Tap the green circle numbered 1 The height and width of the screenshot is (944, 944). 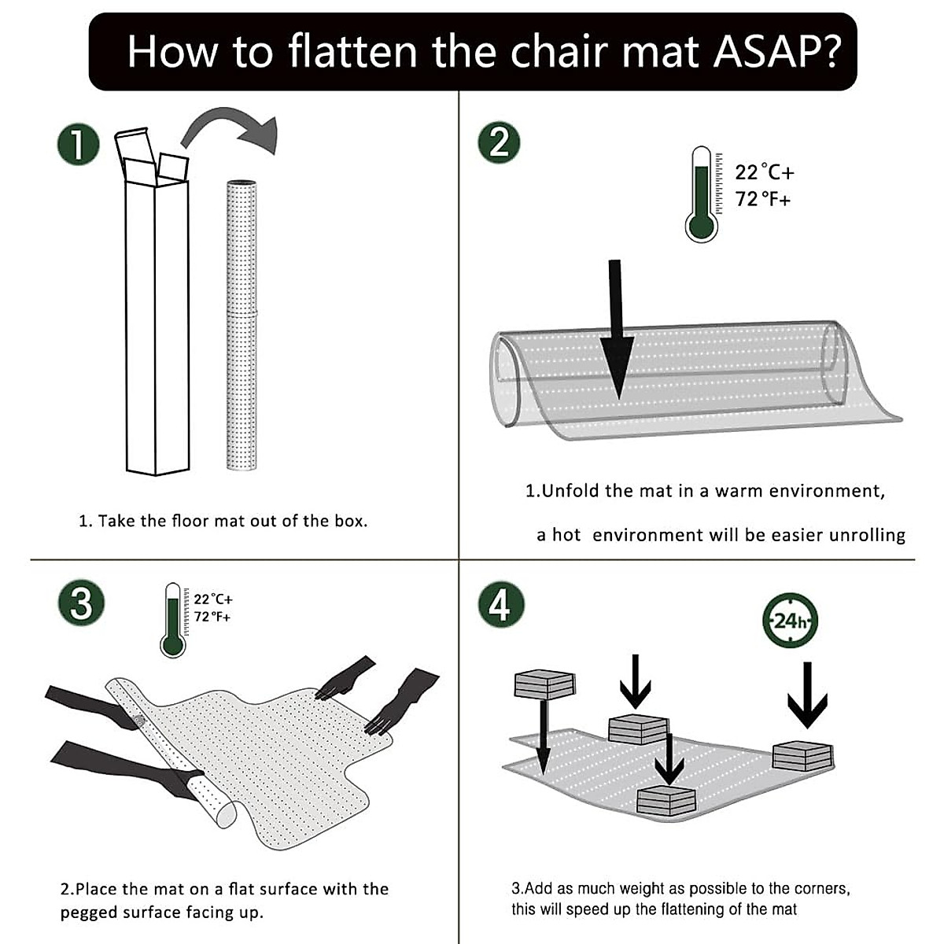click(x=78, y=144)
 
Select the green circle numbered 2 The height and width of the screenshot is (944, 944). click(x=499, y=144)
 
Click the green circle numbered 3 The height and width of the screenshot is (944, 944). click(x=80, y=604)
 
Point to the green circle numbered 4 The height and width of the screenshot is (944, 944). click(x=500, y=604)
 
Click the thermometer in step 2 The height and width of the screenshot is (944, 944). click(x=701, y=194)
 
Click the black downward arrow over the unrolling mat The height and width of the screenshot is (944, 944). click(x=616, y=330)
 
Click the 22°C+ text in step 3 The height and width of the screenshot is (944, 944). click(x=213, y=599)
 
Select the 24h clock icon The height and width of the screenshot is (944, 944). click(x=790, y=621)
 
